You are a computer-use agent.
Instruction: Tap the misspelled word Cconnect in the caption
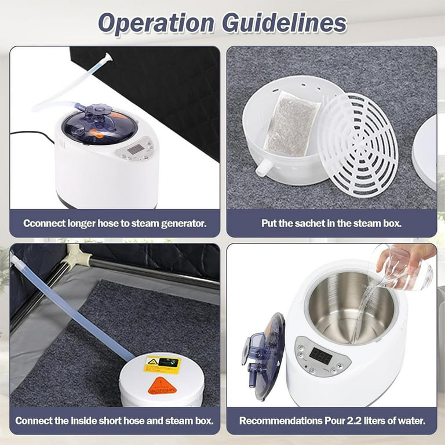pos(45,222)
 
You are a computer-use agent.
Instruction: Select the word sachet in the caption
pos(316,222)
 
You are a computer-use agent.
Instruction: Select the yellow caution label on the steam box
pos(162,364)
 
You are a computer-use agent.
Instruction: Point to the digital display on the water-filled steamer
pos(320,355)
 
